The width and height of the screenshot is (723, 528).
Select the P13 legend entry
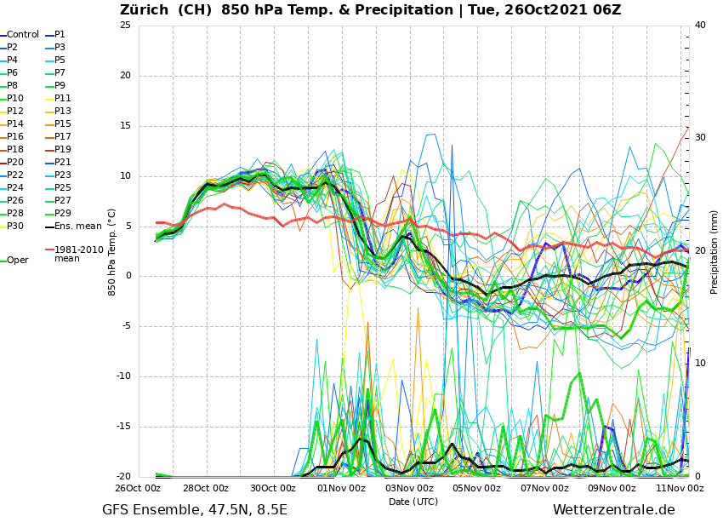[63, 112]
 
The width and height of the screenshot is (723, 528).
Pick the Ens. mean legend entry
[77, 227]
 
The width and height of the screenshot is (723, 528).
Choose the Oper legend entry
[17, 261]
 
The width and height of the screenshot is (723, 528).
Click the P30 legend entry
[15, 227]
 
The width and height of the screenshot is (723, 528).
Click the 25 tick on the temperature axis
[125, 25]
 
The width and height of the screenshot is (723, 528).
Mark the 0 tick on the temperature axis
[128, 276]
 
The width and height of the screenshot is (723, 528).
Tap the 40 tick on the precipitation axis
[700, 25]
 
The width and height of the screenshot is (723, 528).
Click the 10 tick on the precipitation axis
[700, 364]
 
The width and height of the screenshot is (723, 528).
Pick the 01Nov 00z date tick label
[341, 489]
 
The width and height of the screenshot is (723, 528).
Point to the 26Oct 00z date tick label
[138, 489]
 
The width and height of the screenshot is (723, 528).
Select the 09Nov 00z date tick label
[612, 489]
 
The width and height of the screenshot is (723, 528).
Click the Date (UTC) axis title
[413, 502]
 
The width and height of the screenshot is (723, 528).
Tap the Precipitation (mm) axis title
[714, 251]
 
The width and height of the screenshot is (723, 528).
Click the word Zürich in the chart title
[147, 10]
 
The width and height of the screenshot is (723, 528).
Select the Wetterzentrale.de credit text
[613, 510]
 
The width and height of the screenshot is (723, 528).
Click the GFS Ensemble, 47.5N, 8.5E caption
[195, 510]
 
